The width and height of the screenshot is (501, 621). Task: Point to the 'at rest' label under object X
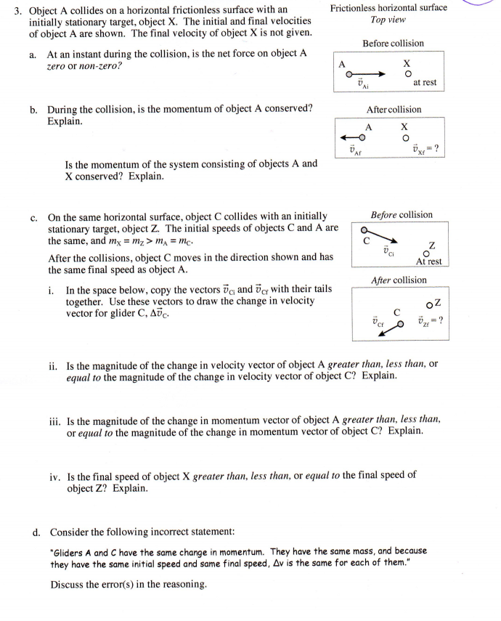424,83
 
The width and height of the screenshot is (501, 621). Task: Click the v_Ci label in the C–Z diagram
389,251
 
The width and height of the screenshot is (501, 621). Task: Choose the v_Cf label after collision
377,320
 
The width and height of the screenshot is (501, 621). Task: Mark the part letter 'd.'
34,532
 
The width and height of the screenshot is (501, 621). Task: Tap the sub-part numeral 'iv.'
54,476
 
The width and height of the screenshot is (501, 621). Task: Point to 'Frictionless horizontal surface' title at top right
388,8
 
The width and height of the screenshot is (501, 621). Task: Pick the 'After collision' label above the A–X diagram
394,110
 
